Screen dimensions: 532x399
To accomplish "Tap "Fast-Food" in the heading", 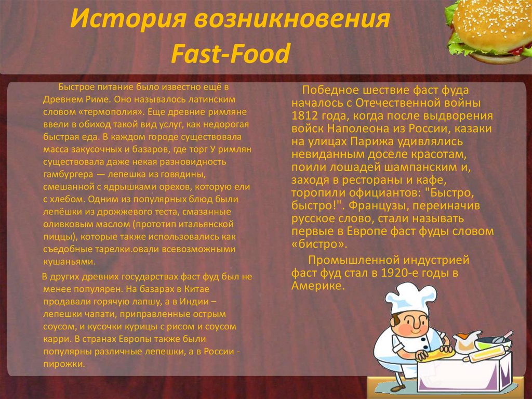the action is point(231,54).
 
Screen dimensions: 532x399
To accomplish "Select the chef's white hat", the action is point(410,298).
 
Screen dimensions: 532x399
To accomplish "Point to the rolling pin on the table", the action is point(487,353).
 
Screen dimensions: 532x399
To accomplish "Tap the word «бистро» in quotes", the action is point(320,244).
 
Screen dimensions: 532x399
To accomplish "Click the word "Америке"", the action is point(318,286).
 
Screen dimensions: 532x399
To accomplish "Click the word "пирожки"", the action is point(64,364).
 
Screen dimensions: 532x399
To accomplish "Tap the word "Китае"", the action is point(197,289).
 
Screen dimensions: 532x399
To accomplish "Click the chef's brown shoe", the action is point(397,388).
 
